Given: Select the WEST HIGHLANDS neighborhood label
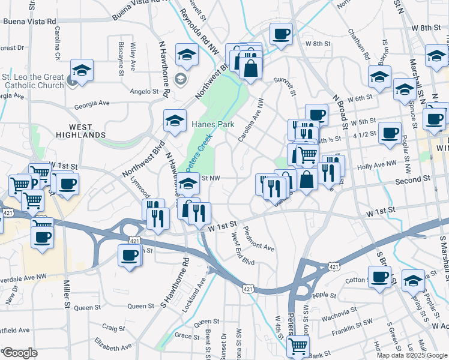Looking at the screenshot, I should [79, 131].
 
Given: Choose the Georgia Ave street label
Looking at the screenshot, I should [92, 104].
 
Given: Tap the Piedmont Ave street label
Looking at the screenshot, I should [259, 239].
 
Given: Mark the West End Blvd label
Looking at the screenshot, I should [243, 251].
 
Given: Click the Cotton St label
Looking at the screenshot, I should [357, 280].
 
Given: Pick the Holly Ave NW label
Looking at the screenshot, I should [377, 164].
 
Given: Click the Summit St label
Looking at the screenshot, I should [285, 85].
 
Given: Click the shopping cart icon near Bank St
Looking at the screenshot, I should [298, 346].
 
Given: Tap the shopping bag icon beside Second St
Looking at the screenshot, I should [307, 179].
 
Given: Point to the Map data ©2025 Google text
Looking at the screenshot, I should [411, 355].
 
